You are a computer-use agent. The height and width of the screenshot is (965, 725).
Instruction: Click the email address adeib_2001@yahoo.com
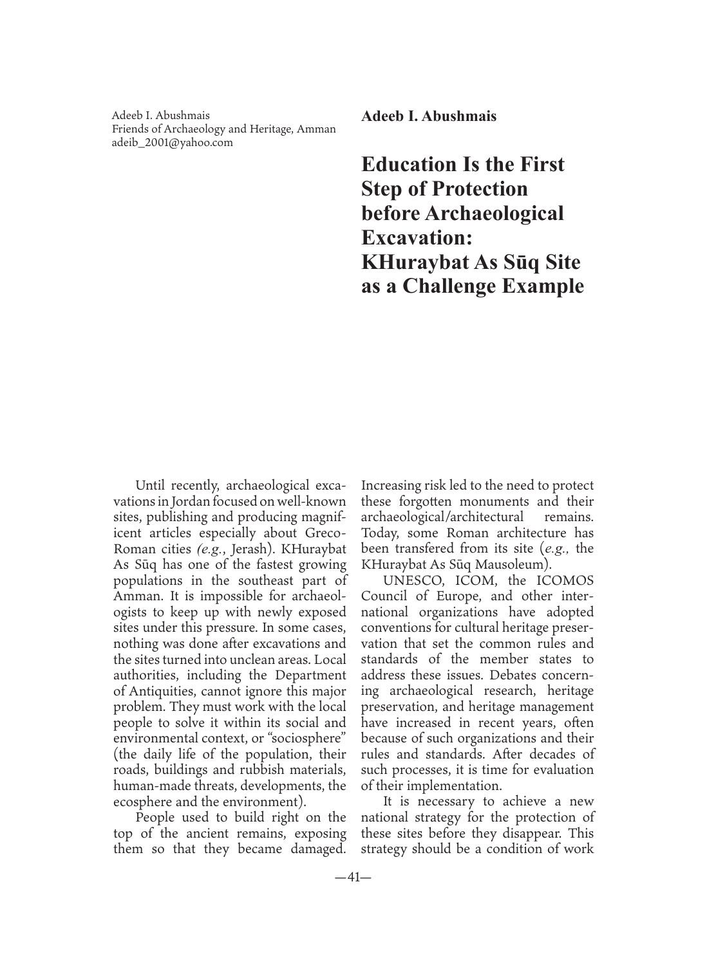coord(173,142)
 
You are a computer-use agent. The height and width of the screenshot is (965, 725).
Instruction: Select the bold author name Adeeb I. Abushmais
coord(429,116)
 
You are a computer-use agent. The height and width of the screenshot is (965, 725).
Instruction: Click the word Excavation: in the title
coord(417,237)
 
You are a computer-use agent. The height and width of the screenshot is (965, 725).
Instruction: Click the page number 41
coord(353,878)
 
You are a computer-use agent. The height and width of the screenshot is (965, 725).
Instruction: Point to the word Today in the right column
coord(381,533)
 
